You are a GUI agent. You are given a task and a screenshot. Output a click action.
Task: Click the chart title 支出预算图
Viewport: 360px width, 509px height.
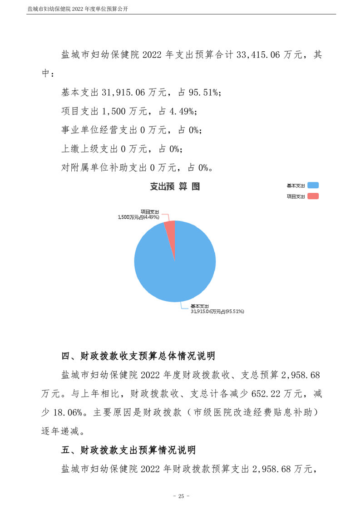(x=175, y=186)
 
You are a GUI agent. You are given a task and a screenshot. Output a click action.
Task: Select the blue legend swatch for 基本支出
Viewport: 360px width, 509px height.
(x=313, y=186)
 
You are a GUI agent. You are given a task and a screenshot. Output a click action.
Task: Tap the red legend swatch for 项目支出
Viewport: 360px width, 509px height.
(x=313, y=196)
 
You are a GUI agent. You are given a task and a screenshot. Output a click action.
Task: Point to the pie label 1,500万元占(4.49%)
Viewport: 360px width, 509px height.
(x=137, y=217)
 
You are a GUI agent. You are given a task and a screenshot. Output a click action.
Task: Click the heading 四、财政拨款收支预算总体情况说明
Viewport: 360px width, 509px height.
(x=138, y=356)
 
